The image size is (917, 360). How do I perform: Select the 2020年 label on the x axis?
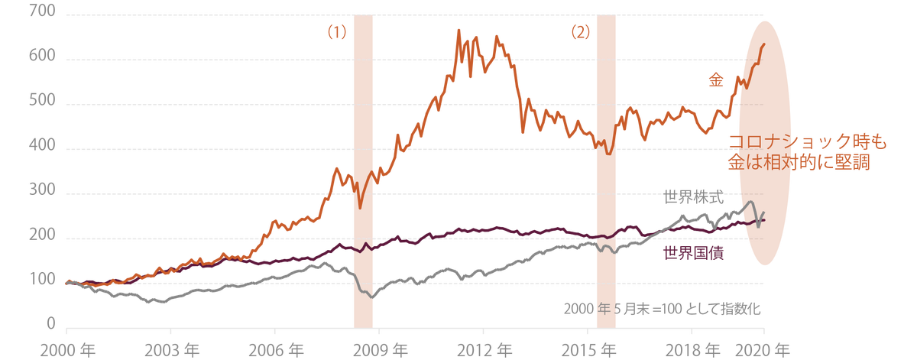762,349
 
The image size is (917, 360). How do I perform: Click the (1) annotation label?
337,33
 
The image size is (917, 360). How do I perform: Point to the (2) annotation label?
581,33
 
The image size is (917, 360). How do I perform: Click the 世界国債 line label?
693,252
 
